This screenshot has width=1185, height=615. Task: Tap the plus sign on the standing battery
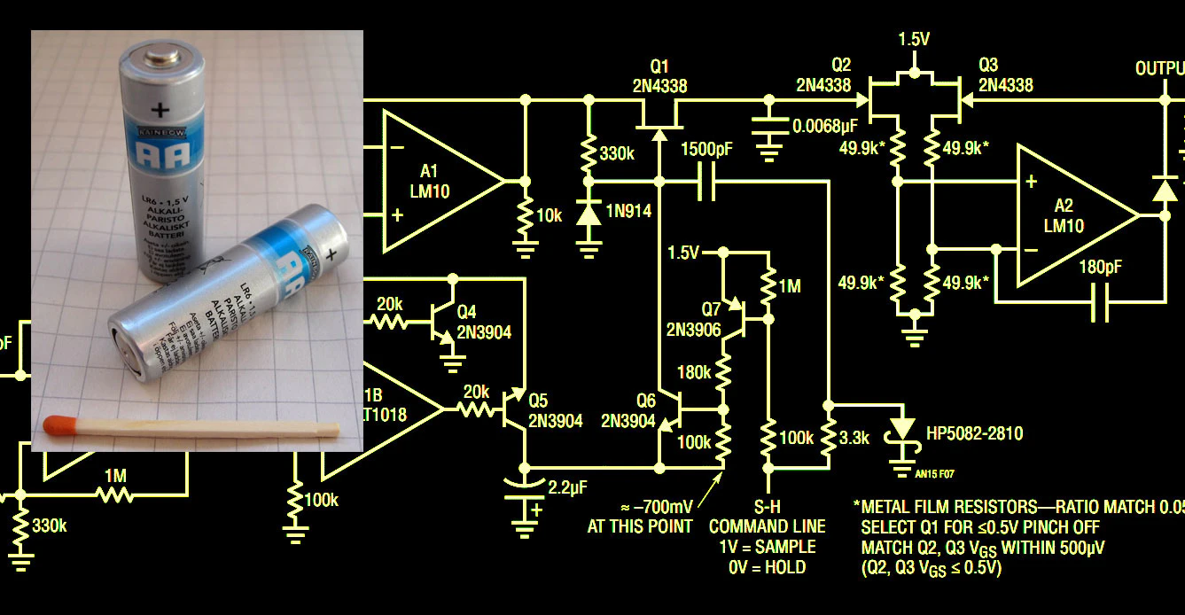[x=160, y=110]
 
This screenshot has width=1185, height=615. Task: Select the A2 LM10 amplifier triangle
[x=1067, y=217]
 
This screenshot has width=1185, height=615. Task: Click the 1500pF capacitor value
[x=706, y=150]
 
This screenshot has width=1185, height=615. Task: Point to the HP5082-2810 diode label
[x=974, y=433]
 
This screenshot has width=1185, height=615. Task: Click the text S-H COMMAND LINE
[x=767, y=517]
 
